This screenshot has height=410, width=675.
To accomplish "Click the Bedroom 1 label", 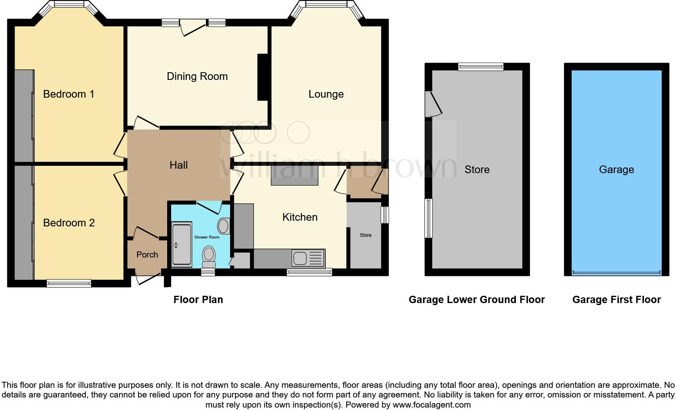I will pos(69,94).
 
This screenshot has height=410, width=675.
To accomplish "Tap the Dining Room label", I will pos(197,76).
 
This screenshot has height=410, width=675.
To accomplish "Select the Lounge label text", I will pos(326,94).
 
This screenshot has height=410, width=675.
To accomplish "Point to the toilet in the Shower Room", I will pos(209,257).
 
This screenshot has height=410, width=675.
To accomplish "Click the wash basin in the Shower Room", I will pos(224,226).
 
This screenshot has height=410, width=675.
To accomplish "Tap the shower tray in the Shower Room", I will pos(181,245).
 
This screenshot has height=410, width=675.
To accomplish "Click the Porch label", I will pos(147,255).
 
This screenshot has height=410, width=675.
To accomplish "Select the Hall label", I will pos(178,165).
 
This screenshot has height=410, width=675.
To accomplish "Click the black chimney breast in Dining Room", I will pos(262,77).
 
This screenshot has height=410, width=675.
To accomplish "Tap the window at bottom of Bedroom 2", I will pos(69,283).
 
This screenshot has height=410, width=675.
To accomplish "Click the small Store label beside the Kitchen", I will pos(365,235).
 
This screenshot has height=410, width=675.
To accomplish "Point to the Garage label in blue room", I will pos(616,169).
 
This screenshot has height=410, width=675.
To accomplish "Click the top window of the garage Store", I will pos(480,67).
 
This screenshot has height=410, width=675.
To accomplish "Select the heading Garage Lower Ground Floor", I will pos(476,300).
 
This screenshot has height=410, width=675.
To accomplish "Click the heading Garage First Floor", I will pos(616,300).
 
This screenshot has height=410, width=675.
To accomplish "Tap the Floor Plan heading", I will pos(198,300).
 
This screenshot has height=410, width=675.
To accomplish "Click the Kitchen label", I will pos(300,217).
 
